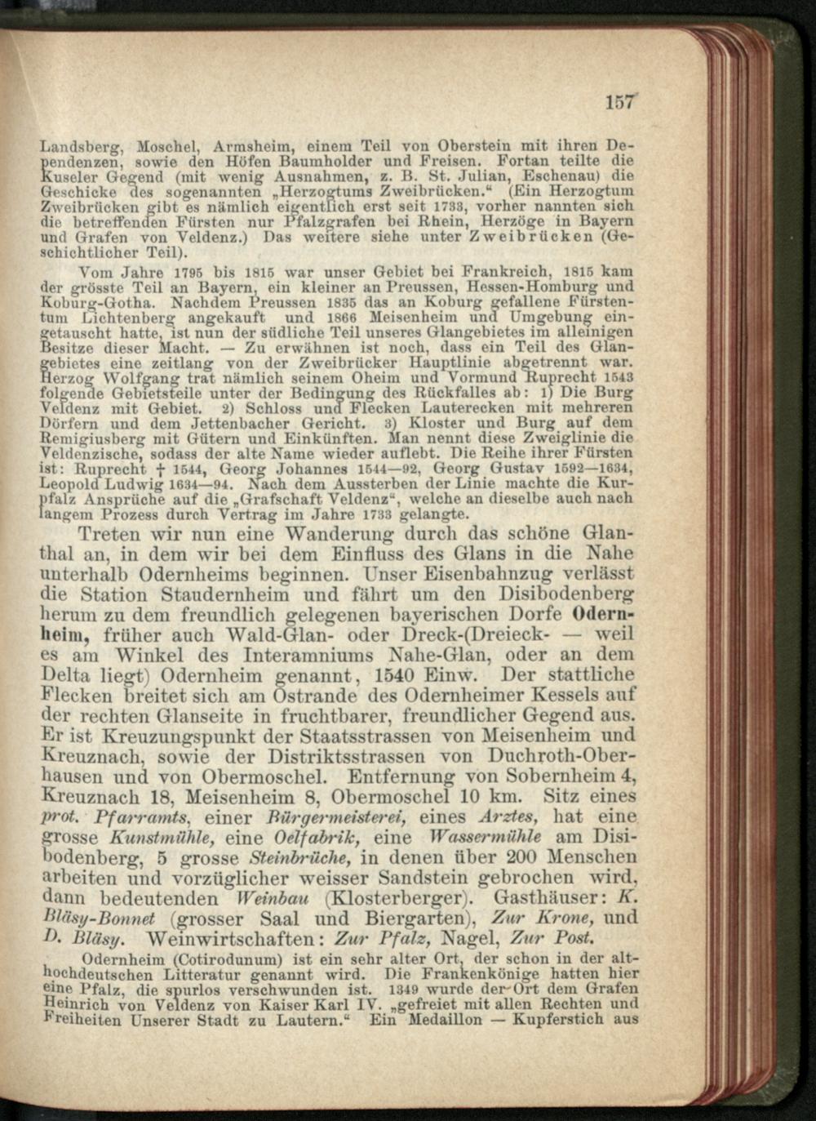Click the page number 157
(619, 102)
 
